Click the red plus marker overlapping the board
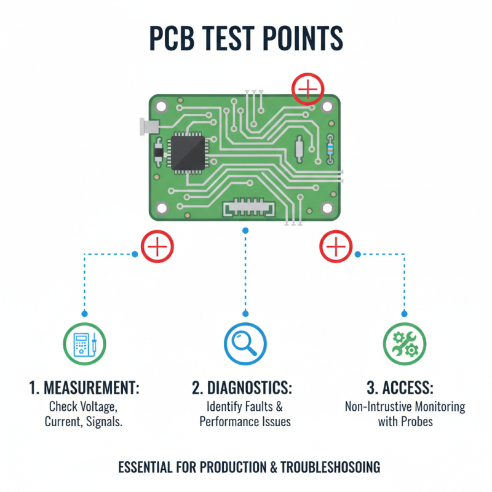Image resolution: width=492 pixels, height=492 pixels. [x=307, y=90]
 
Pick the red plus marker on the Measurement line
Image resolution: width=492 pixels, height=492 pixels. [x=157, y=247]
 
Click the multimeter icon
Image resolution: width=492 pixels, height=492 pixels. [x=85, y=344]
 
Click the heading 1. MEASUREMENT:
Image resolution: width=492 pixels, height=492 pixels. [x=85, y=389]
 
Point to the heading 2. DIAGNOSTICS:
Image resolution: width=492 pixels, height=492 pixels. [x=242, y=389]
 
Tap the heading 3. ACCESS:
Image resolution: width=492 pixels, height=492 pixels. [x=400, y=389]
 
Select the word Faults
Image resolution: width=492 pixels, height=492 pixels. [x=265, y=407]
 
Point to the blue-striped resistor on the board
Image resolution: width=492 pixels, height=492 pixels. [x=331, y=148]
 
